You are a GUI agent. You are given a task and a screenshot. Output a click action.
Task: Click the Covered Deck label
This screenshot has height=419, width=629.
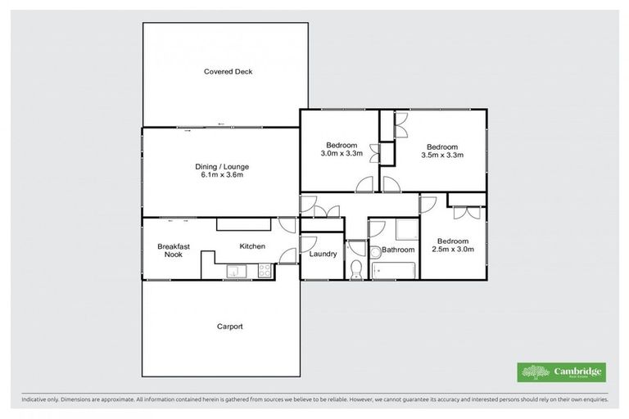[229, 71]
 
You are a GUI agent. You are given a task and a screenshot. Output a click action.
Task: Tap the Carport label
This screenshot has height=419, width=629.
[229, 327]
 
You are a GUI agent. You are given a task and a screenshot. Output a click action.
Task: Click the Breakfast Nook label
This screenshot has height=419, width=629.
[174, 250]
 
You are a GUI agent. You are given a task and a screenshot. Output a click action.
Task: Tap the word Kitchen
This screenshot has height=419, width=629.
[252, 246]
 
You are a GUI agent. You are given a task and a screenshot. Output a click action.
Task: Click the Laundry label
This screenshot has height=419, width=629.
[323, 254]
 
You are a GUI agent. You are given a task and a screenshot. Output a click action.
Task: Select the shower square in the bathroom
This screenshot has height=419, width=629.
[405, 230]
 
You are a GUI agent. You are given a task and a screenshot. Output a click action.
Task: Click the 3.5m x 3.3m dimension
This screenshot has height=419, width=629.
[442, 154]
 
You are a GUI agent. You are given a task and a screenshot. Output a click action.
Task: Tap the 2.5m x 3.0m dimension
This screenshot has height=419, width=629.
[452, 250]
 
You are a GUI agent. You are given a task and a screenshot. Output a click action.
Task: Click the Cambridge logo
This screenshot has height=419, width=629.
[561, 372]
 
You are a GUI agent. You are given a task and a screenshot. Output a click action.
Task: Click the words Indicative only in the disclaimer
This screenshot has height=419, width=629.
[34, 399]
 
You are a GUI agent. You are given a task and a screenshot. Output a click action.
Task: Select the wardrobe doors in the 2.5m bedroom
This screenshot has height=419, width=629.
[467, 211]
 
